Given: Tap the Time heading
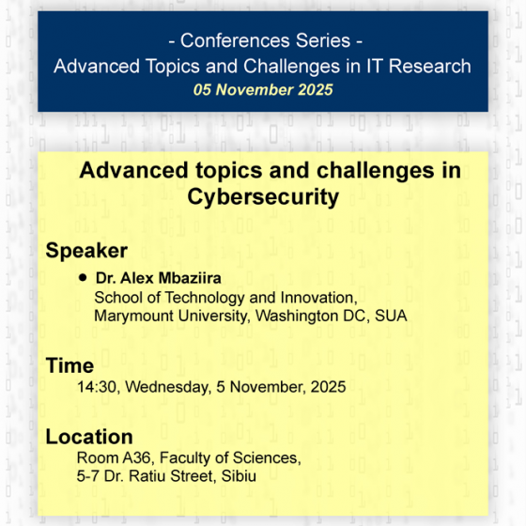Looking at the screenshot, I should (x=70, y=365).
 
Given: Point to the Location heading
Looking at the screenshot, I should (x=89, y=437).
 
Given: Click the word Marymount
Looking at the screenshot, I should (x=134, y=316).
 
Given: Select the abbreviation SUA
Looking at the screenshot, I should (x=391, y=316).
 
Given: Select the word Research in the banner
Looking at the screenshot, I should (x=428, y=67).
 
